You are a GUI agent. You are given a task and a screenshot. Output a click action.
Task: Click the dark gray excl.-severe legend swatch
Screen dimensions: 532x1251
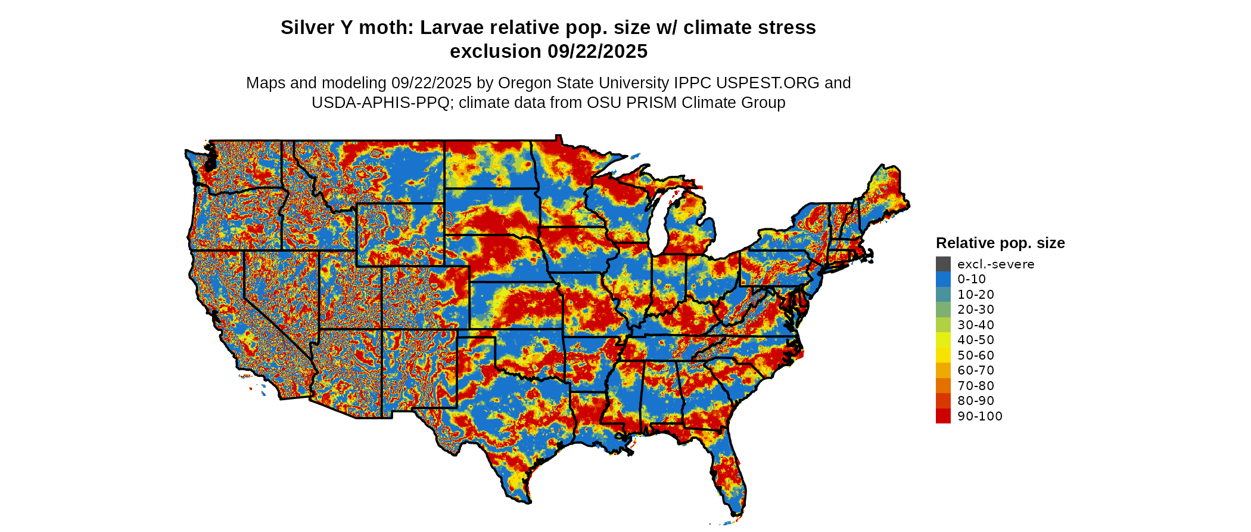943,264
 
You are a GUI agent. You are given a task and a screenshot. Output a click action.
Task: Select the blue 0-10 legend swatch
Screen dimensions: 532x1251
943,279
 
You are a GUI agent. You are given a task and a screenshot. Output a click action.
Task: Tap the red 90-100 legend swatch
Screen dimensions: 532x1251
943,416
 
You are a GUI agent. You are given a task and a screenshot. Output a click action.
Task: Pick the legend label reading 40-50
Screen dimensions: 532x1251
976,340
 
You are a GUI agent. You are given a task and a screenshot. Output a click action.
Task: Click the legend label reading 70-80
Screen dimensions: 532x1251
976,386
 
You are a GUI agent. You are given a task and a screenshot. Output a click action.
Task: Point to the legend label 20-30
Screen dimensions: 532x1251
976,310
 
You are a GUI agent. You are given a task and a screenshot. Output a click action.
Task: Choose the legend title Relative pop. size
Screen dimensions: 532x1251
1000,243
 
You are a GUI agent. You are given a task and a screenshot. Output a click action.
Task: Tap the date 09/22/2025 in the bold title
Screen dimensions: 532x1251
598,51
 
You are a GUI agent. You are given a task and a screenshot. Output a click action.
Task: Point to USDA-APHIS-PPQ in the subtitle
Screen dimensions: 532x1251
380,103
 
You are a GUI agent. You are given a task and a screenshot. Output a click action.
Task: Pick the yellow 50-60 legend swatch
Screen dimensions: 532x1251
943,355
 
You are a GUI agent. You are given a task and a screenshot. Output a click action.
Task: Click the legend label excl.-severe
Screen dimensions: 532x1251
995,264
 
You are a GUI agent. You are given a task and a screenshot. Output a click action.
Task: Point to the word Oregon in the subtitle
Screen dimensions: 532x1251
521,83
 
